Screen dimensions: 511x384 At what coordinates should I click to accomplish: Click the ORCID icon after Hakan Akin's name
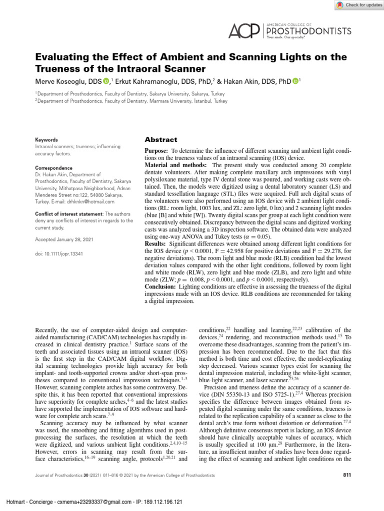[x=295, y=81]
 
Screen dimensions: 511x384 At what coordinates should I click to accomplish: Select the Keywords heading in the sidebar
[x=45, y=140]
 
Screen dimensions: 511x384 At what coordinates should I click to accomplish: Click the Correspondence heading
[x=52, y=169]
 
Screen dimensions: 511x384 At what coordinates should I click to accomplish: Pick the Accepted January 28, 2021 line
[x=64, y=240]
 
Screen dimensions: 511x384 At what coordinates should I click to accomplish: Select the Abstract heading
[x=160, y=140]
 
